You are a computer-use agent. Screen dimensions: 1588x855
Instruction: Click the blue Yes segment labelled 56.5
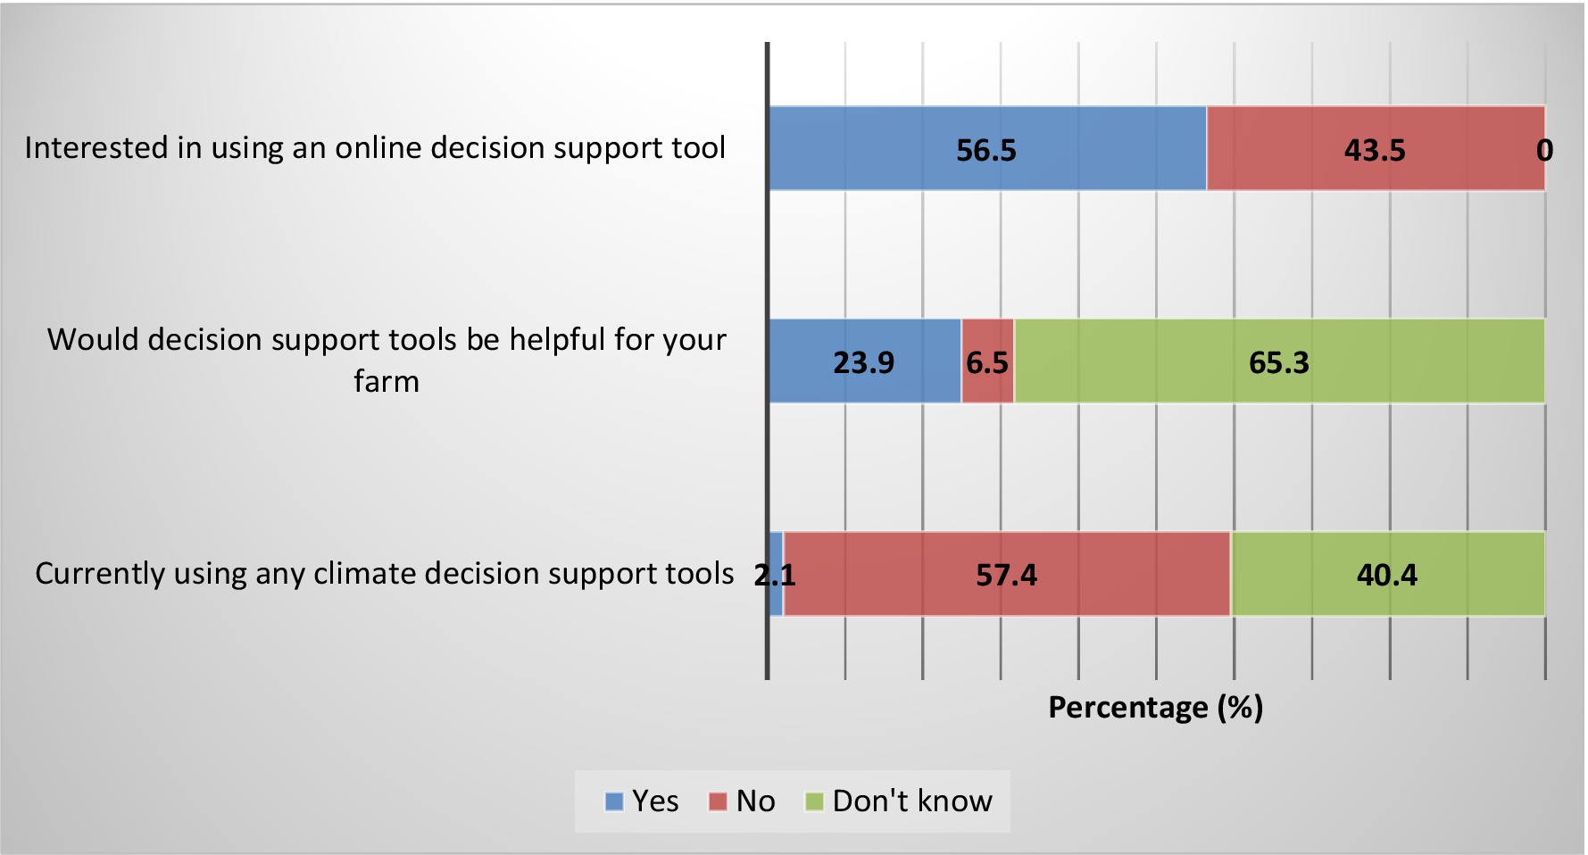coord(987,148)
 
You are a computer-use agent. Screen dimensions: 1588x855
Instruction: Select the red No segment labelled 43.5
coord(1376,148)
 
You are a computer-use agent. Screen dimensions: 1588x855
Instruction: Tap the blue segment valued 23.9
coord(865,361)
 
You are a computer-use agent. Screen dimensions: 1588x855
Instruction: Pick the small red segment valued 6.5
coord(987,361)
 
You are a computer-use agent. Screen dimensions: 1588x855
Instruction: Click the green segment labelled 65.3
coord(1279,361)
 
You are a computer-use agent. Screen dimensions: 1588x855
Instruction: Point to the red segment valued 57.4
coord(1007,574)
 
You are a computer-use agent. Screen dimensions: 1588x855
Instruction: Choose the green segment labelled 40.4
coord(1388,574)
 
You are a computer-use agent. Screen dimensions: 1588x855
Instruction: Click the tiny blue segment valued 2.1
coord(776,574)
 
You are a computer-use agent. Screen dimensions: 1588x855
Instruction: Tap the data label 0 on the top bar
coord(1544,150)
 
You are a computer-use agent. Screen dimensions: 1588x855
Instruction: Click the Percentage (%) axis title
coord(1155,707)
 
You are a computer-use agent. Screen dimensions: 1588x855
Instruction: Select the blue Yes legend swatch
coord(614,801)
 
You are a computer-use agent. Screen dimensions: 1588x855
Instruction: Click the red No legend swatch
coord(718,801)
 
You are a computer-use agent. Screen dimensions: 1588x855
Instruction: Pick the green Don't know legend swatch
coord(814,801)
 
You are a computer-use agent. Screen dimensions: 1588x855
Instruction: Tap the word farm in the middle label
coord(387,381)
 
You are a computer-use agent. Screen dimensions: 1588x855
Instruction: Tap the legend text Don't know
coord(912,801)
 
